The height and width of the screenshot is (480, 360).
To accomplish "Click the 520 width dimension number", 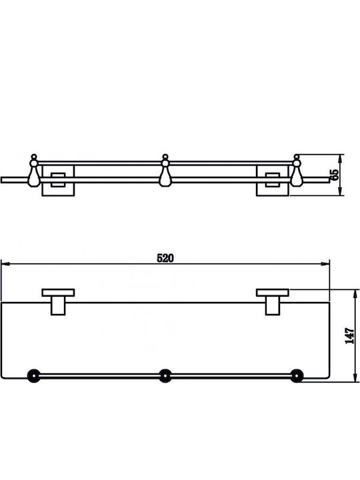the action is (x=165, y=258).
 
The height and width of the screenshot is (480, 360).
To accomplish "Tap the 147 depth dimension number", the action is (x=349, y=335).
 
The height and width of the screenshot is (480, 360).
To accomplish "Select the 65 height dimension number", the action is (x=335, y=175).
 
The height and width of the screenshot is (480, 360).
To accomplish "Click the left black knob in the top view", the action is (x=33, y=376).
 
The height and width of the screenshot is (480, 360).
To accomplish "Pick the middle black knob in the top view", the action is (x=165, y=376).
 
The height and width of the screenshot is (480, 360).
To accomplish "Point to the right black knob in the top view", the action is (x=296, y=376).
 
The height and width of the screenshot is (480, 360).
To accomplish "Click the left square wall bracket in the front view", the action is (x=58, y=181).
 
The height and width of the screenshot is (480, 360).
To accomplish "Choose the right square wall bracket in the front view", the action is (x=272, y=181).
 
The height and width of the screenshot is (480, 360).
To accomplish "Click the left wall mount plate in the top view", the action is (x=58, y=293).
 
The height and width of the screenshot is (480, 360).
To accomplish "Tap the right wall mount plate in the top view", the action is (x=273, y=293).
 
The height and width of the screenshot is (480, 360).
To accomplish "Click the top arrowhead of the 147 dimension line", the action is (x=355, y=293).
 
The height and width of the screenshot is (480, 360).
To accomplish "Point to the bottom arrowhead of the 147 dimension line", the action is (x=355, y=377).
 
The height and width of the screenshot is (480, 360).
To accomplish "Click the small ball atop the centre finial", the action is (x=165, y=156).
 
